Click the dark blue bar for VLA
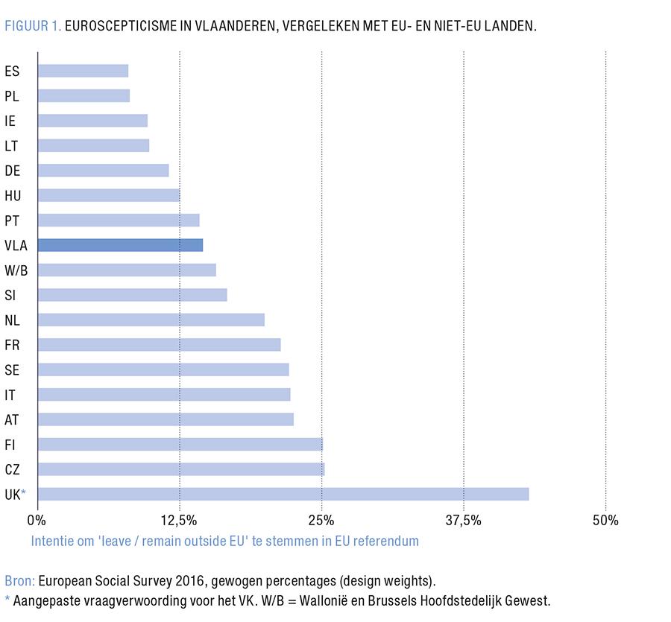tap(120, 245)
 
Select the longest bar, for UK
tap(283, 494)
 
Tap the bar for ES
tap(83, 71)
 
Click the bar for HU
tap(109, 195)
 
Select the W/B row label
tap(16, 270)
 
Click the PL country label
tap(12, 96)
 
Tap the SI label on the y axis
tap(10, 296)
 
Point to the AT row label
tap(12, 420)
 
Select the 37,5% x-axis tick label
tap(464, 520)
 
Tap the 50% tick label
tap(605, 520)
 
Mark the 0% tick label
tap(37, 520)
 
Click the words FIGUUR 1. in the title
tap(33, 26)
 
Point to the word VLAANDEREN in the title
tap(219, 26)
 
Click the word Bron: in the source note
tap(19, 581)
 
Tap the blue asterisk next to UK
tap(24, 492)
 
